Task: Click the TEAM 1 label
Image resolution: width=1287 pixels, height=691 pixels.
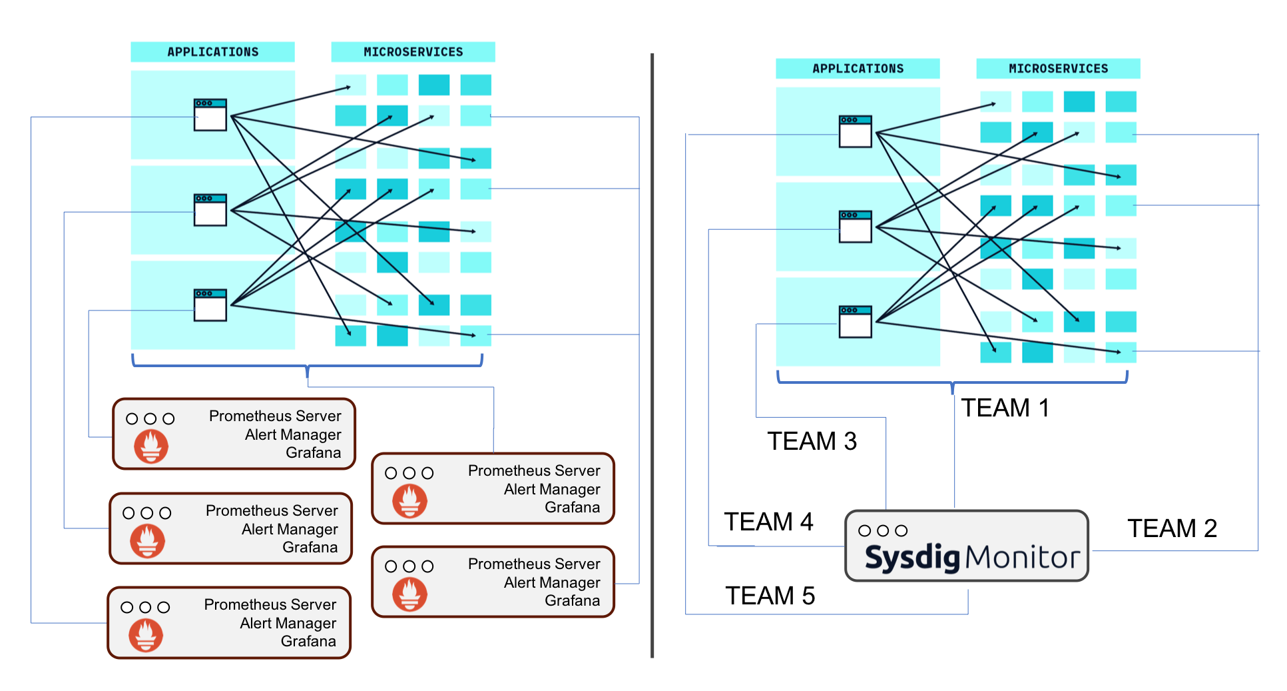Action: tap(1005, 408)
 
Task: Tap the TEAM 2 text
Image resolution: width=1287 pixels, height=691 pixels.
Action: tap(1172, 528)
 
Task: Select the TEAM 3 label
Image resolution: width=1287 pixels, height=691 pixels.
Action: tap(812, 441)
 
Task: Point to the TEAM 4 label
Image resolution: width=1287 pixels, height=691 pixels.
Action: tap(768, 522)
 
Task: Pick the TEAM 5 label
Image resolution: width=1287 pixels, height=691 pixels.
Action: tap(770, 596)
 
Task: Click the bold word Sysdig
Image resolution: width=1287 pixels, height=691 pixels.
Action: tap(912, 557)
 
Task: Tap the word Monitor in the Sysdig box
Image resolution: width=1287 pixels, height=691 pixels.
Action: tap(1022, 557)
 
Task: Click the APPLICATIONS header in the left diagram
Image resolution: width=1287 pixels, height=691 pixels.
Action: tap(212, 52)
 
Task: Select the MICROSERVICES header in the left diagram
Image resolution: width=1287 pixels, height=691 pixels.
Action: tap(413, 52)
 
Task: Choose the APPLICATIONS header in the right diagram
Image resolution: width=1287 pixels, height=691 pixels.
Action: tap(858, 69)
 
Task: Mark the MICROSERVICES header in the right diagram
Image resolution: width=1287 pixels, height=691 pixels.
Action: tap(1058, 69)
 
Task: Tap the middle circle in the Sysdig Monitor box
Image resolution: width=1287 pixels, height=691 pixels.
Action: tap(883, 530)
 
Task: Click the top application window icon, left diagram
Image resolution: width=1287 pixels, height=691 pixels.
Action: tap(210, 115)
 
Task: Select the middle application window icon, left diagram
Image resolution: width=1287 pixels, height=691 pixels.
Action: tap(210, 210)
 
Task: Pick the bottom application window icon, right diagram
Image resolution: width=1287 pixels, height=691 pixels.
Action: tap(856, 322)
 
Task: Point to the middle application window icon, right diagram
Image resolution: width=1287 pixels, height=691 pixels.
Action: tap(856, 227)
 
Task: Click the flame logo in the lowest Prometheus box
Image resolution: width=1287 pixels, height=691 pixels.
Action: tap(146, 634)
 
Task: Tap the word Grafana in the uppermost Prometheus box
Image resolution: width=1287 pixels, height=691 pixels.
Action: tap(313, 452)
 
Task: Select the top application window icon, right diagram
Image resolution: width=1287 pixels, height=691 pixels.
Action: tap(856, 131)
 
